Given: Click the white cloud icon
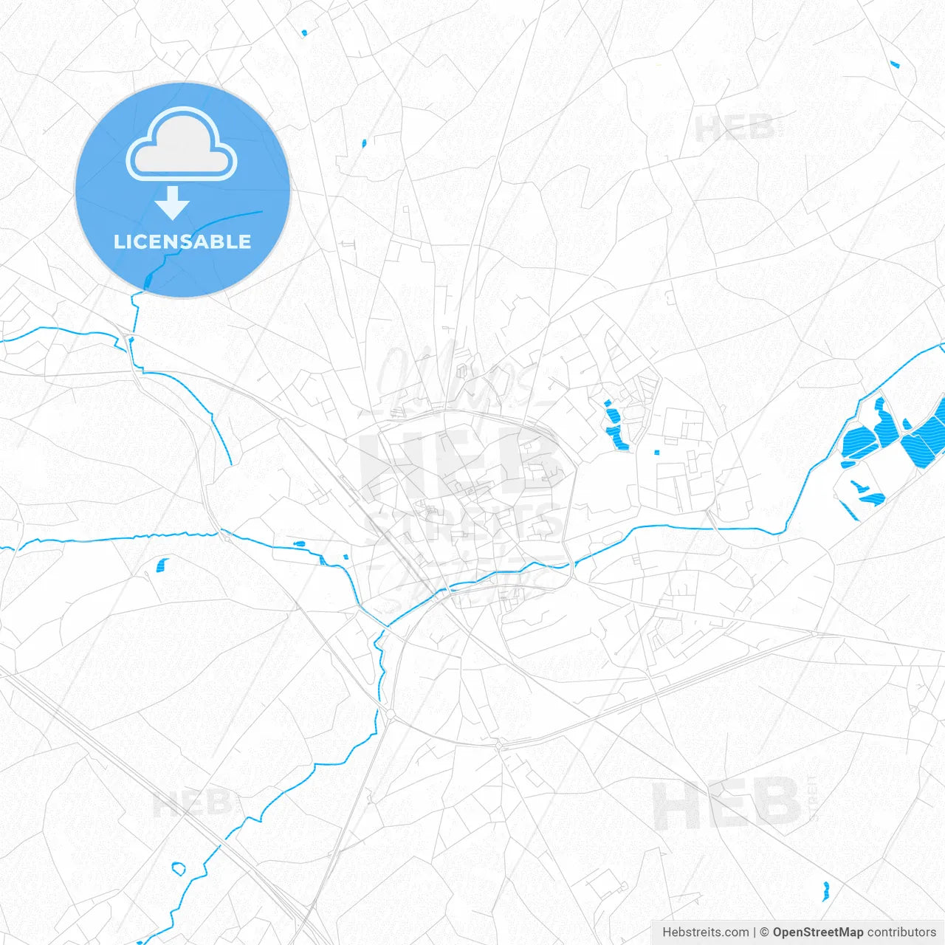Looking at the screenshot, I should [x=182, y=145].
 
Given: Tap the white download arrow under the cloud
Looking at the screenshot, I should [x=173, y=203].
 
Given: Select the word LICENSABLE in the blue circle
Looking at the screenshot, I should [x=182, y=241].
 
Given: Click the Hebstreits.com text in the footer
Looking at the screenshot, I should [x=705, y=932].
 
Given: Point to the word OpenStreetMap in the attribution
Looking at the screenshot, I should [x=817, y=932].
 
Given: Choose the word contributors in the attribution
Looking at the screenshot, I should [x=901, y=932].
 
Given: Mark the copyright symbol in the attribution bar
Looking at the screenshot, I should [x=765, y=932].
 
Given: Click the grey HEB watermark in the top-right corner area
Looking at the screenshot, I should [x=735, y=128].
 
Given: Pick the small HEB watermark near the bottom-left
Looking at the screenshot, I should [x=192, y=803].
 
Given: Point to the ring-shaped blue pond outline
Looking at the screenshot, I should [x=178, y=868].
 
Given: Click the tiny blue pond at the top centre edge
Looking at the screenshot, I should [x=303, y=32].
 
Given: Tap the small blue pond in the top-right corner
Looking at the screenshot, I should [x=895, y=64].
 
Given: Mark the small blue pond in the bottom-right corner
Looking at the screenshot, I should [x=826, y=890].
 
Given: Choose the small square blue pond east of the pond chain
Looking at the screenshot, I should [x=656, y=453].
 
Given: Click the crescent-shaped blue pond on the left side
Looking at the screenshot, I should [x=162, y=566].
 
